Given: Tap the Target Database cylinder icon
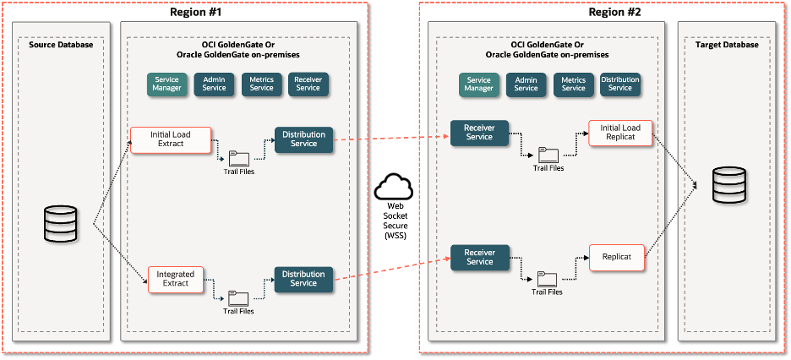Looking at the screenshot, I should [x=728, y=185].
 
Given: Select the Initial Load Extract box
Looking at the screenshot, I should [x=170, y=139].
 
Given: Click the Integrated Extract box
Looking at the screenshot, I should [x=176, y=279].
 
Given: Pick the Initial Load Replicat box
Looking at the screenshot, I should [x=621, y=133].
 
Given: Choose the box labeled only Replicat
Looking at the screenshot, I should [x=617, y=257].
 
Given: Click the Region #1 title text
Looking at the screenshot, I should [x=197, y=12].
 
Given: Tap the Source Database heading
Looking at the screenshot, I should [x=61, y=45].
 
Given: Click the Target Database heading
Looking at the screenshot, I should [x=728, y=45].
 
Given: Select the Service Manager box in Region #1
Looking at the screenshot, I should [x=166, y=84].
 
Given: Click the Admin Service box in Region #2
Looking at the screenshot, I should [x=526, y=84].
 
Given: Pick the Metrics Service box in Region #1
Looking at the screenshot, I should [x=261, y=84].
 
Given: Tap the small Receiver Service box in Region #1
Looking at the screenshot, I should [x=308, y=84].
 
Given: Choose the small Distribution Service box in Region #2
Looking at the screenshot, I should [x=619, y=84].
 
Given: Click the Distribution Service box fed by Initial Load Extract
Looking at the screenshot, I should [x=303, y=139].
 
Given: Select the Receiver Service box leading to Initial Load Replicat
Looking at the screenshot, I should [x=479, y=133].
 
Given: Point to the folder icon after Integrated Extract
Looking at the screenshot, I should [x=238, y=298].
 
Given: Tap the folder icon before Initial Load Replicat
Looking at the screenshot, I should [x=548, y=155].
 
